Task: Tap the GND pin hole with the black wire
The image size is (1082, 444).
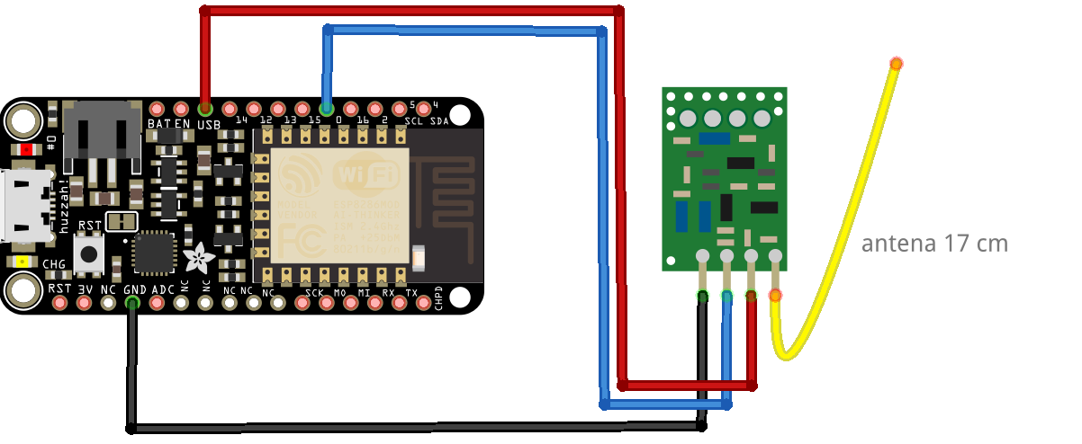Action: [x=132, y=303]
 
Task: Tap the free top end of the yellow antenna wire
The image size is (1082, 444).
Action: [x=896, y=63]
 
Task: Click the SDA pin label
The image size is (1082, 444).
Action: [x=438, y=121]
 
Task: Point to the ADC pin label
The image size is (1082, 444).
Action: [x=163, y=289]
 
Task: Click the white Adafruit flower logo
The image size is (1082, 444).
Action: [x=197, y=259]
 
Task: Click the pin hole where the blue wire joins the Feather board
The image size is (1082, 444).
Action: [x=327, y=108]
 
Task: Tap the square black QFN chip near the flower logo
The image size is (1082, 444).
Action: [x=153, y=253]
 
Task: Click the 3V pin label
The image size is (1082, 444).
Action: [x=86, y=289]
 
